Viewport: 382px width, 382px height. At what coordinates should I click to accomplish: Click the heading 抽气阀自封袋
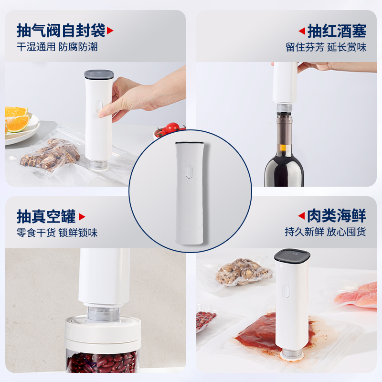point(61,31)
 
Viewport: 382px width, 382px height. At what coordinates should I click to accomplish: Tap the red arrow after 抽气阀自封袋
point(110,31)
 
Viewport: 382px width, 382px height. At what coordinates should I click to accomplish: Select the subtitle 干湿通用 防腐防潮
point(57,47)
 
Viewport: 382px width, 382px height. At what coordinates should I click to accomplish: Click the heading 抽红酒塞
point(337,31)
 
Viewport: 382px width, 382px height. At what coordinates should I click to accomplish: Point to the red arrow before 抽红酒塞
point(302,31)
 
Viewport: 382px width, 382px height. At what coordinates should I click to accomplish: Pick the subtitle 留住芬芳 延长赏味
point(326,47)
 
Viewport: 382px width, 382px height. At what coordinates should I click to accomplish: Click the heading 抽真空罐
point(46,216)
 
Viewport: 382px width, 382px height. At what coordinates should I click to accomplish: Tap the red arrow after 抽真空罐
point(82,217)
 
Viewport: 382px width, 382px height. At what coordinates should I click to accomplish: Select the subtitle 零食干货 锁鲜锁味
point(57,233)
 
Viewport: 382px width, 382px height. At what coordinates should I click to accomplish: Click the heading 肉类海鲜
point(337,216)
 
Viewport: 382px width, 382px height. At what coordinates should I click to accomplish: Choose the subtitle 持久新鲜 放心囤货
point(326,232)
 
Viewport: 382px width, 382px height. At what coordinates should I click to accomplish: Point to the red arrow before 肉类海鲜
point(302,216)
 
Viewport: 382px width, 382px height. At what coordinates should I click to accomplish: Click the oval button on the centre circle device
point(189,172)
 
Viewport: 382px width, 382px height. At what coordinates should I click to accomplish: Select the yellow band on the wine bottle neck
point(284,148)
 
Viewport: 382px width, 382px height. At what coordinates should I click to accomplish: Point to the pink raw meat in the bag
point(357,295)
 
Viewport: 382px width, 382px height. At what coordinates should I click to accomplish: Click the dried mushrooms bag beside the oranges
point(51,155)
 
